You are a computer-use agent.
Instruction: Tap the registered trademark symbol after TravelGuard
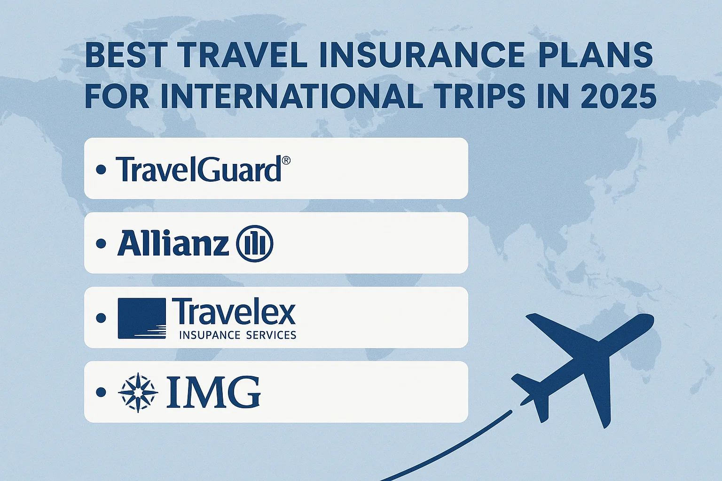tap(286, 161)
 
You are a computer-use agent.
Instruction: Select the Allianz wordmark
tap(173, 244)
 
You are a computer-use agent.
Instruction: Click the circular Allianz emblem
tap(255, 244)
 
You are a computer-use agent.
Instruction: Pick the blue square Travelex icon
tap(142, 318)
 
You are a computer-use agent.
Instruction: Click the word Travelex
tap(234, 311)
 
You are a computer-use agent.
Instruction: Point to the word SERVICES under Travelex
tap(271, 335)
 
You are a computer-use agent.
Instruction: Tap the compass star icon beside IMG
tap(138, 392)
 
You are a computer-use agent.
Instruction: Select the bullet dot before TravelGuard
tap(101, 169)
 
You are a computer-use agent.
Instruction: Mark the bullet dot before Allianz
tap(101, 244)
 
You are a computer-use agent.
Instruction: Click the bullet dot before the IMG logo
tap(101, 392)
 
